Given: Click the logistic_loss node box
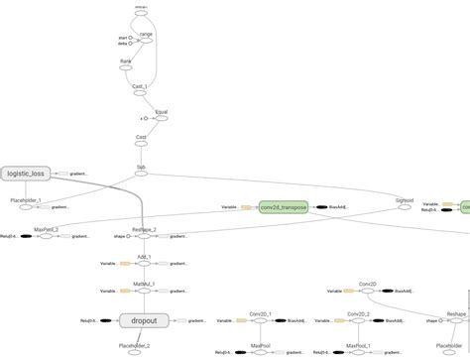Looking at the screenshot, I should click(x=26, y=173).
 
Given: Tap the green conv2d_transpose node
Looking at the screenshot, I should click(x=283, y=207).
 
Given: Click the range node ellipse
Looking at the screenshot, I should click(x=146, y=41).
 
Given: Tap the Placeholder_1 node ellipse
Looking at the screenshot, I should click(x=26, y=206).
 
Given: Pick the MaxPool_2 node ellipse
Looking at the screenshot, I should click(x=46, y=236).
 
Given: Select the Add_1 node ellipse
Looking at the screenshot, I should click(x=145, y=264).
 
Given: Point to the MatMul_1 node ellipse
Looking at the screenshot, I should click(x=145, y=292).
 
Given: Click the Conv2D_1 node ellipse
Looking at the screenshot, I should click(x=261, y=320).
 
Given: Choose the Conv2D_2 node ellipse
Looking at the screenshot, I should click(x=360, y=320).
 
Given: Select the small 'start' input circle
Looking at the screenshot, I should click(x=130, y=38).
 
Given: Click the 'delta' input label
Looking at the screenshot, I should click(x=122, y=44).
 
